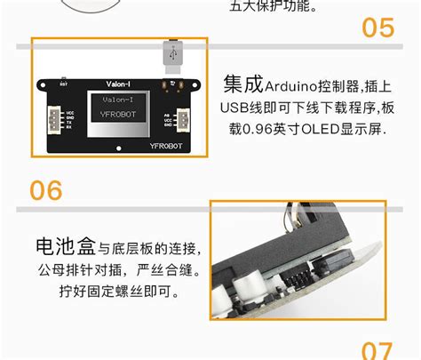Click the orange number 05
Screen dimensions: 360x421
377,28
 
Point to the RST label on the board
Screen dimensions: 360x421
63,84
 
